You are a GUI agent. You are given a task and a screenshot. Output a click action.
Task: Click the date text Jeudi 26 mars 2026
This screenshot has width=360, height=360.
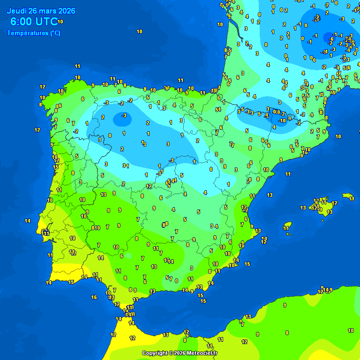tap(41, 11)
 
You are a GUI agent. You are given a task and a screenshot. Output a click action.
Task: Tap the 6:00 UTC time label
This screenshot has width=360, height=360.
tap(34, 22)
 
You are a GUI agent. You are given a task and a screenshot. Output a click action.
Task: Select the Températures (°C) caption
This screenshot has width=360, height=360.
tap(33, 33)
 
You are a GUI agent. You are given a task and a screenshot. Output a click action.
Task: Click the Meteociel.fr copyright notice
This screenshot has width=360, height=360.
tap(180, 353)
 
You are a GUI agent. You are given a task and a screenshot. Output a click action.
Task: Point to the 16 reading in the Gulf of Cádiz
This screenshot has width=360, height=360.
tap(94, 297)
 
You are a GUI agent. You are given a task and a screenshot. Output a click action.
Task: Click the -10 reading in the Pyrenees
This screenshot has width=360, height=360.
tap(282, 120)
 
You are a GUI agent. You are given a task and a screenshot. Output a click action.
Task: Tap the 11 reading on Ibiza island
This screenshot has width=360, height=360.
tap(286, 228)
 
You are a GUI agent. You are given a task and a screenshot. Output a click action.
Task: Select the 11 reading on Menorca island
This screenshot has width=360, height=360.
tap(352, 199)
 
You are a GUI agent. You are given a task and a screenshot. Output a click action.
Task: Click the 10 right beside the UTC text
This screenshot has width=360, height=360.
tap(60, 22)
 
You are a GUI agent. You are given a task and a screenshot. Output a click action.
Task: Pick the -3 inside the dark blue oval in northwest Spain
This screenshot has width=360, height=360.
tap(124, 115)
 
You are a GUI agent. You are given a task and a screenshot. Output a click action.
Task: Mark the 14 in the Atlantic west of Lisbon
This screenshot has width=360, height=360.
tap(28, 221)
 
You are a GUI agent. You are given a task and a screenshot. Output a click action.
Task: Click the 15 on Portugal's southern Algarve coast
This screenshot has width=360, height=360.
tap(71, 282)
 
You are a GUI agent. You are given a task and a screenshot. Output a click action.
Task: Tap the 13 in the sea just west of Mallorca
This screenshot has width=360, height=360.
tap(303, 208)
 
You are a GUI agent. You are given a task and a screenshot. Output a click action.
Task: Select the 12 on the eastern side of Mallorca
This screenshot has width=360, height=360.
tap(334, 203)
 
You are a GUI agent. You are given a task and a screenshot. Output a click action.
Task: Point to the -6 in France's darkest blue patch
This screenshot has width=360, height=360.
tap(331, 39)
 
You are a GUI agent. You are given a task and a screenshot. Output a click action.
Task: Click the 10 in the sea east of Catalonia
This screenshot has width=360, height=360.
tap(338, 136)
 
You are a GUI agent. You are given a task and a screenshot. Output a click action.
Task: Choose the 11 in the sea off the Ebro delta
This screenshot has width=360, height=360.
tap(288, 174)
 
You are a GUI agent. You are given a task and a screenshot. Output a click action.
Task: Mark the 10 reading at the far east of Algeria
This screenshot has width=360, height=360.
tap(351, 330)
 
